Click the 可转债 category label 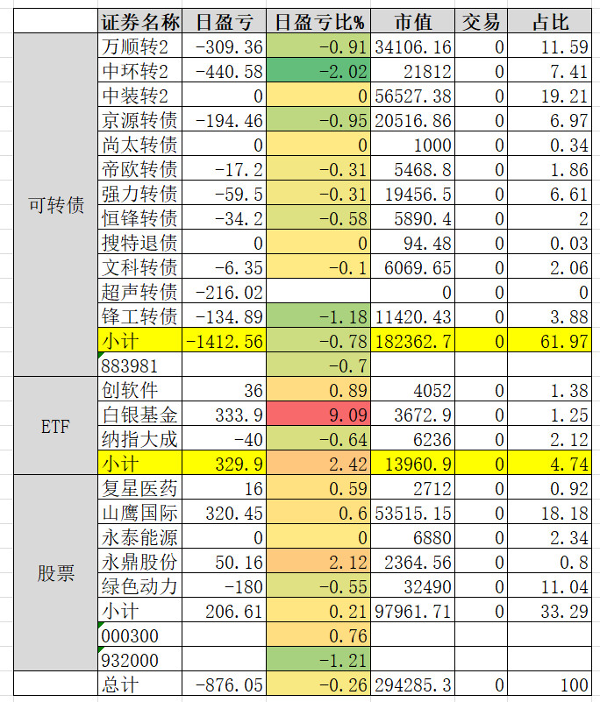tap(55, 206)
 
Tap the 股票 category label tap(55, 573)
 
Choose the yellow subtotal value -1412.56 tap(224, 341)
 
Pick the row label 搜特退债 tap(139, 243)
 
